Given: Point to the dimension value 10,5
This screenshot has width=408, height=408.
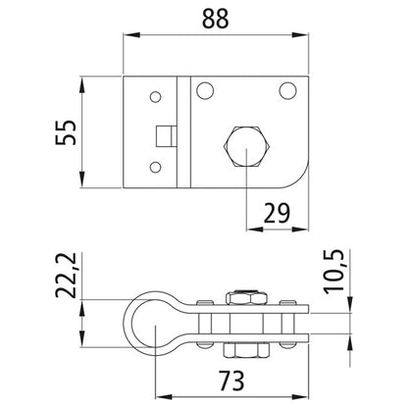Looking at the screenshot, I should (x=363, y=264).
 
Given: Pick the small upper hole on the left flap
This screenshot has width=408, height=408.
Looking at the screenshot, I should (x=154, y=96).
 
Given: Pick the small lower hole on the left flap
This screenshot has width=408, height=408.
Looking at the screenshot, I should (x=154, y=169).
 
